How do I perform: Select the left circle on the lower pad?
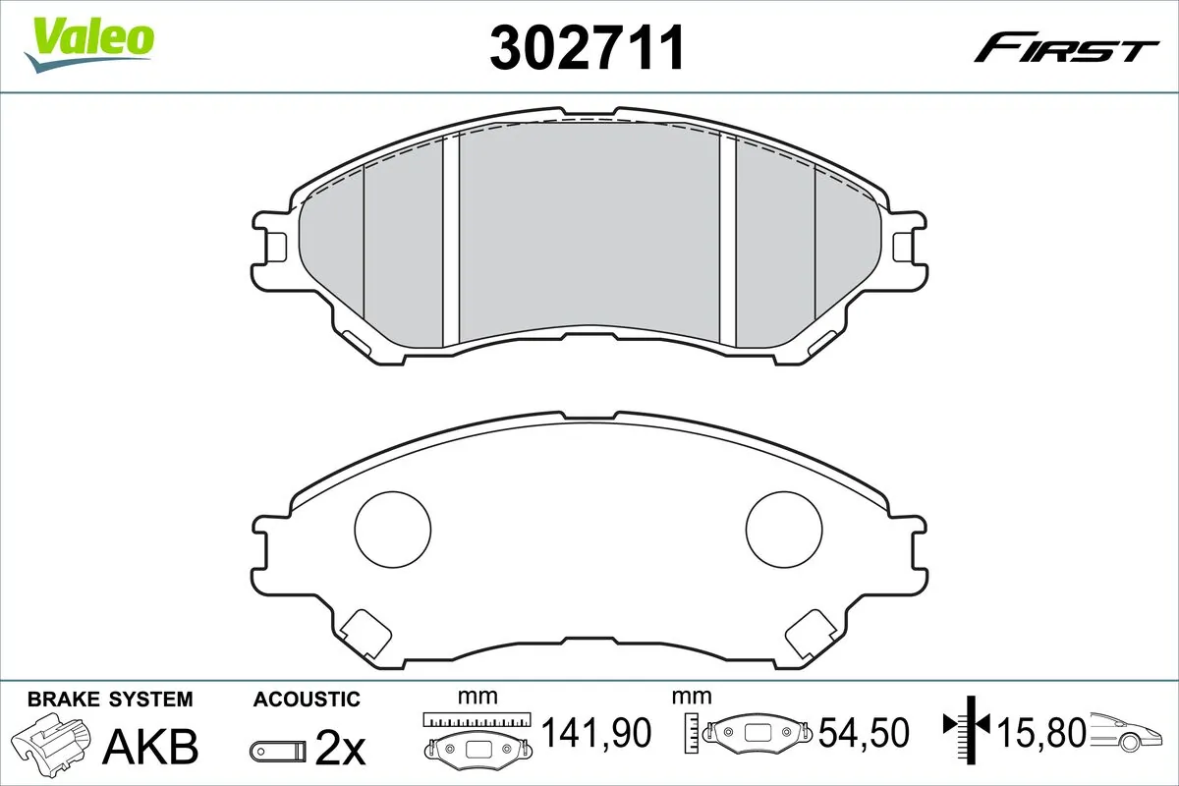(392, 531)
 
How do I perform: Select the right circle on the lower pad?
(785, 531)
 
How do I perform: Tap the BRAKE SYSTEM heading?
(110, 700)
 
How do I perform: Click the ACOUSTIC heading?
(307, 700)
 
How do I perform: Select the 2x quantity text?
(339, 750)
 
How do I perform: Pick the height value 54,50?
(865, 732)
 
